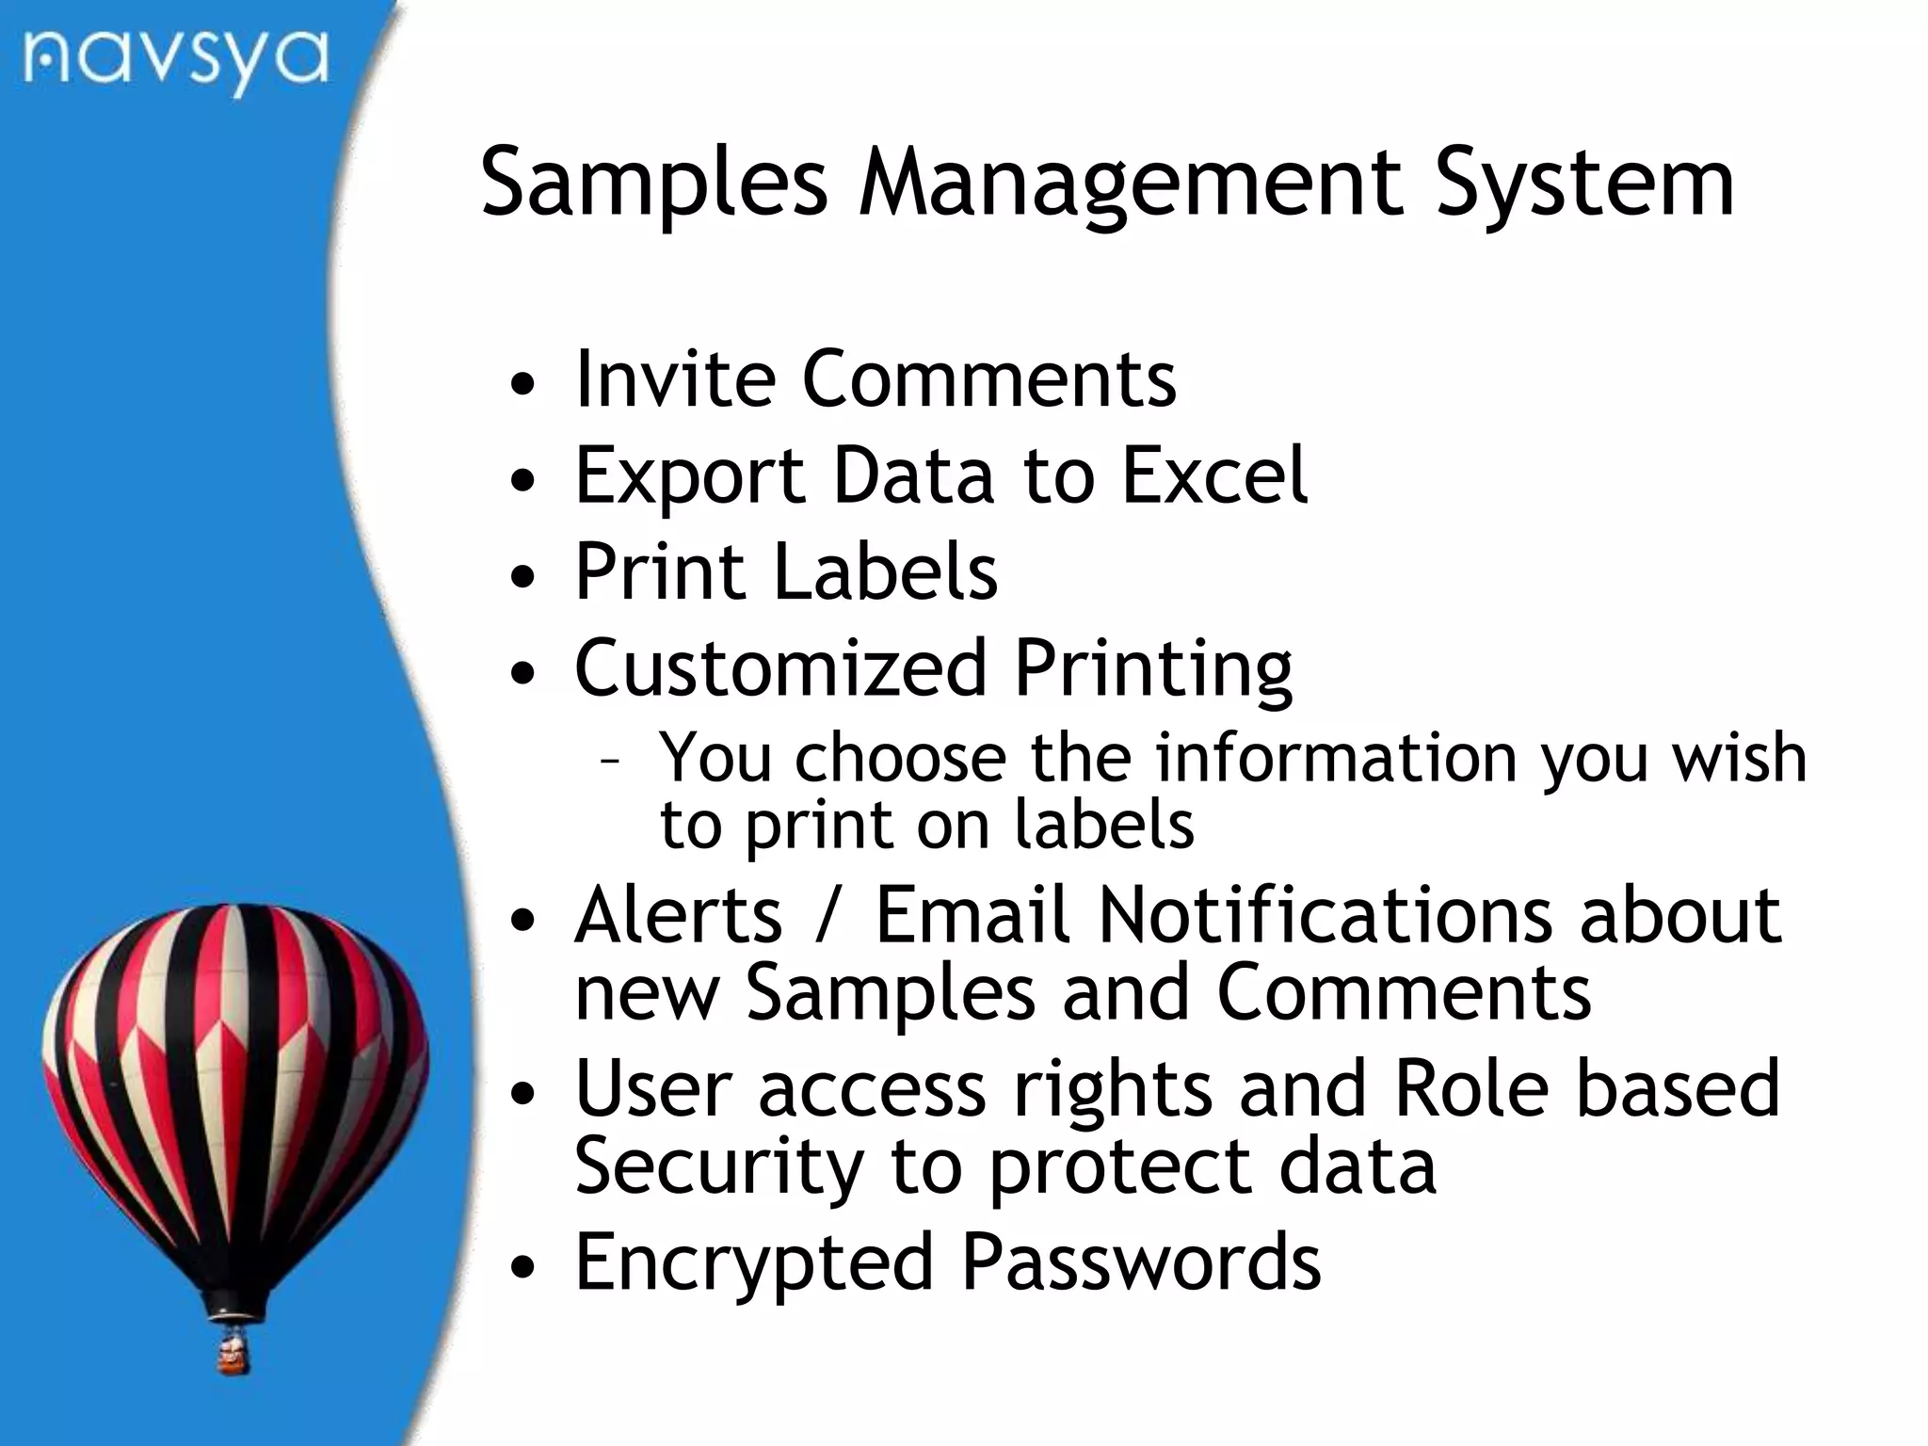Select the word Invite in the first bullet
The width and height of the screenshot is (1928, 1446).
674,379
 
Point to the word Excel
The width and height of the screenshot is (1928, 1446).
1214,476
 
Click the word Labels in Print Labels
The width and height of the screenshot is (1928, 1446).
885,571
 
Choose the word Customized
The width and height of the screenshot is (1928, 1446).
780,668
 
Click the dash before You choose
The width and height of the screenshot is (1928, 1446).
609,761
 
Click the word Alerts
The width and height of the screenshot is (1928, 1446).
678,915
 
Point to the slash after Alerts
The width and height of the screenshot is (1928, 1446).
827,915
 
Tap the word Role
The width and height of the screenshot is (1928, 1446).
1470,1089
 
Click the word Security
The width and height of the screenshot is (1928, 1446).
718,1167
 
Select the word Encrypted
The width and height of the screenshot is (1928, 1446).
753,1263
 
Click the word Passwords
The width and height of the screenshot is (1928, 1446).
1141,1261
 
